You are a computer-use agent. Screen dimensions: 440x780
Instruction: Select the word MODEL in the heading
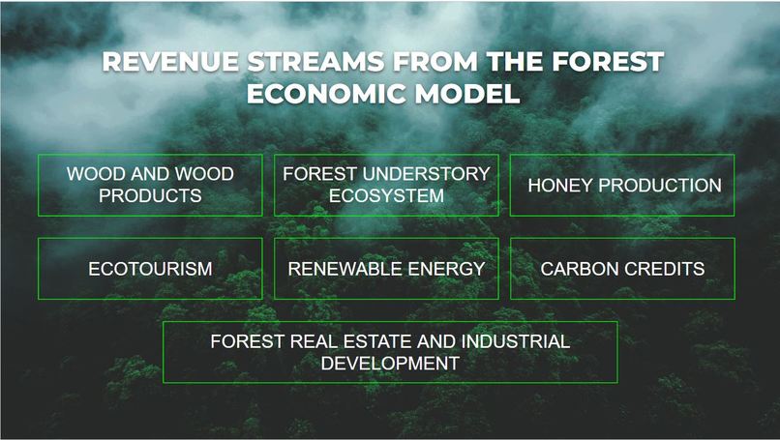click(473, 94)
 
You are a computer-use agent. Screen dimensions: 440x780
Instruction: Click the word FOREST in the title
click(608, 62)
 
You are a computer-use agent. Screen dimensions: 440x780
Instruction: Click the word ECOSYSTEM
click(386, 195)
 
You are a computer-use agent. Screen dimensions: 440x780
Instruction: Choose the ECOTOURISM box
click(150, 269)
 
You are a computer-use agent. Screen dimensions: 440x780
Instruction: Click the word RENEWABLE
click(341, 269)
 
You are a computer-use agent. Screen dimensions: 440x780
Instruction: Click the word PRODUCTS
click(150, 195)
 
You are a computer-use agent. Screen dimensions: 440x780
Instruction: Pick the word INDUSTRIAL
click(515, 342)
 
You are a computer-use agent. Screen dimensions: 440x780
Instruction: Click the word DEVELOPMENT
click(390, 364)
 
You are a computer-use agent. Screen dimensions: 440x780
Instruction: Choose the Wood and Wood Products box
click(150, 185)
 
